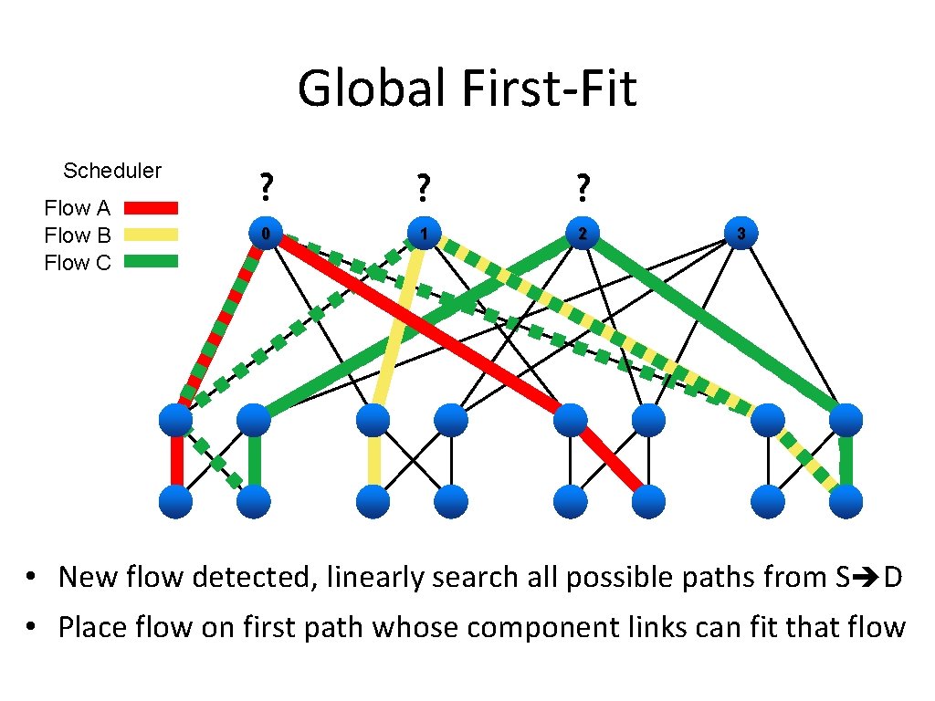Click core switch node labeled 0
tap(266, 234)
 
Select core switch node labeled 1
tap(423, 234)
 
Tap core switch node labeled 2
tap(582, 234)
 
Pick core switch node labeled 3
tap(741, 234)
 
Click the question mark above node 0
tap(265, 188)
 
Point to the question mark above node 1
tap(422, 188)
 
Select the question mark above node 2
tap(582, 188)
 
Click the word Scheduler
tap(112, 171)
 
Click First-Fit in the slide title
tap(550, 89)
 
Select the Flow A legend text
tap(78, 209)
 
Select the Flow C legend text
tap(78, 263)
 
